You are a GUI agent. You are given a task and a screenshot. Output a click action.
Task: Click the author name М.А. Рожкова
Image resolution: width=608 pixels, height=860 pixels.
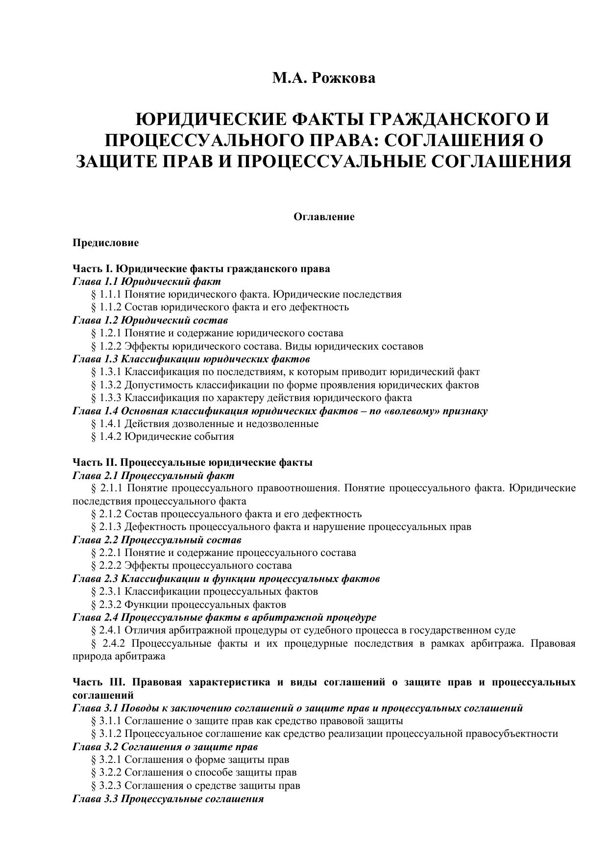(x=324, y=78)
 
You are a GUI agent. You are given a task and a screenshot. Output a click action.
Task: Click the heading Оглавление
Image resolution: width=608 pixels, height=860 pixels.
(x=324, y=217)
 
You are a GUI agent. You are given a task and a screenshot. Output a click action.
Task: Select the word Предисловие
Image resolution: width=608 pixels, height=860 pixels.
(x=105, y=243)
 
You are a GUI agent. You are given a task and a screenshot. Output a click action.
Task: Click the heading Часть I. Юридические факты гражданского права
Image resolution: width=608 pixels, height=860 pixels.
(x=201, y=269)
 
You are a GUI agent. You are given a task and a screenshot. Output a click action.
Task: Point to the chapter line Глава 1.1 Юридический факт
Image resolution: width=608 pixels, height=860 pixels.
(x=146, y=281)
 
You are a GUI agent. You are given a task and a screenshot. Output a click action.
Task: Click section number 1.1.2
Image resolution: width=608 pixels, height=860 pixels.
(x=110, y=307)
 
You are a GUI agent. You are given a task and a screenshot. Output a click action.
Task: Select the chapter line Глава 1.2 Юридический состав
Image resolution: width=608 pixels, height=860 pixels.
(x=150, y=320)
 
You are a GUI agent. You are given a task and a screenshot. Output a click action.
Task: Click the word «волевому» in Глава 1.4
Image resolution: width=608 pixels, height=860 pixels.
(x=412, y=411)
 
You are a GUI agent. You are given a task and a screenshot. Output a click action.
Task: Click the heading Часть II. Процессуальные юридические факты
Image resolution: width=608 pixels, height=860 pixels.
(x=192, y=462)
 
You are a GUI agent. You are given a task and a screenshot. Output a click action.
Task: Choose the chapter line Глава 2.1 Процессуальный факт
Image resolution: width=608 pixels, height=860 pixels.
(x=153, y=476)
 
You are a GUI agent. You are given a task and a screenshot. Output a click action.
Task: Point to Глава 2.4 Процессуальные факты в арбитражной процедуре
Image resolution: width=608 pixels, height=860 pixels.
(x=224, y=617)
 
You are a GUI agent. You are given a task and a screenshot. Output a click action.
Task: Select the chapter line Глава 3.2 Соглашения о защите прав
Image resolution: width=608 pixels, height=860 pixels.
(x=165, y=747)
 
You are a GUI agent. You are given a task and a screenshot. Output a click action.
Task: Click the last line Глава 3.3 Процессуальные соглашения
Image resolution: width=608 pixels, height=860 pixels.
(x=168, y=799)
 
